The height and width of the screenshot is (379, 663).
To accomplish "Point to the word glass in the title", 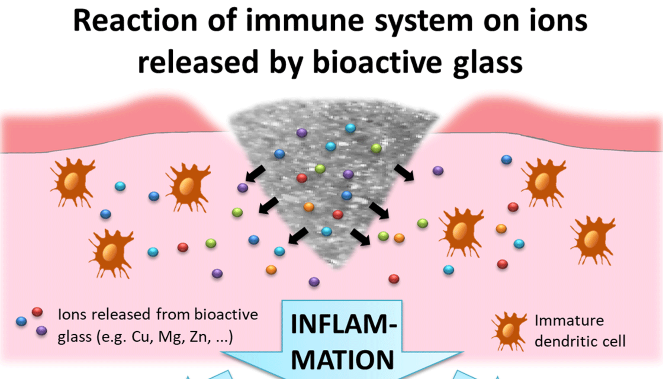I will [x=487, y=63].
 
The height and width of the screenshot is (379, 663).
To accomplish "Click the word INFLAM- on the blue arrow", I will [x=343, y=324].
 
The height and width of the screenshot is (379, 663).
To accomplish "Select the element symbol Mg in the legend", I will [x=171, y=338].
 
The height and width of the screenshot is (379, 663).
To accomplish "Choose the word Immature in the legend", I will [x=569, y=321].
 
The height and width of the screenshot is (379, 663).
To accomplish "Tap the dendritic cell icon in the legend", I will [x=508, y=331].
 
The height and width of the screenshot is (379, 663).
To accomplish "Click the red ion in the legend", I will [x=37, y=312].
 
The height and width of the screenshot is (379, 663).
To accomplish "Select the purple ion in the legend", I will [x=41, y=330].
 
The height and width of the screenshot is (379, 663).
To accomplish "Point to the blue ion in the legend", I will [x=21, y=322].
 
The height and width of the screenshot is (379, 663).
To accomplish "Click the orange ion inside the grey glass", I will [x=309, y=207].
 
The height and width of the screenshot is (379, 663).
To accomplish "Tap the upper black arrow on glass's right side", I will [x=404, y=172].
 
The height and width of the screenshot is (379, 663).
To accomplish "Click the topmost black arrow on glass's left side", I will [x=255, y=174].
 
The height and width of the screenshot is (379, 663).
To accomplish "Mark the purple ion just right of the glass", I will [x=438, y=170].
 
